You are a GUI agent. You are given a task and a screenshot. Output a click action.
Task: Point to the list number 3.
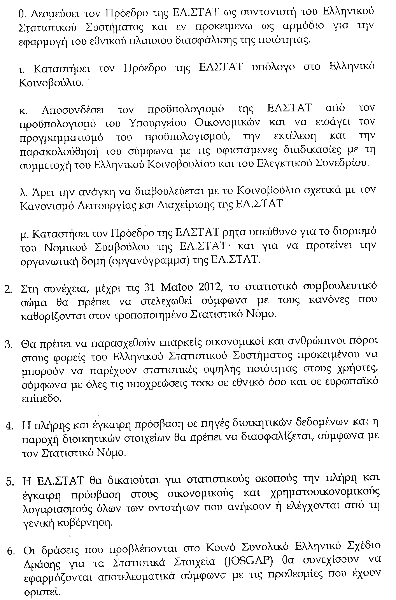9,345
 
